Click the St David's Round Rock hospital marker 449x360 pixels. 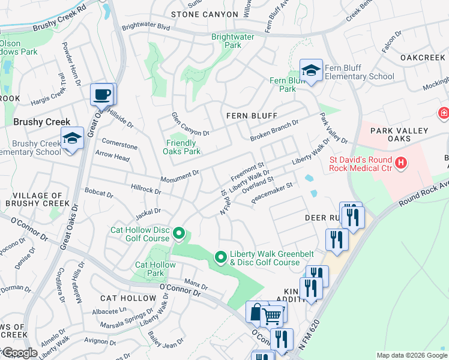[x=400, y=162]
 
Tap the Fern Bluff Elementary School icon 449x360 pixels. [x=311, y=71]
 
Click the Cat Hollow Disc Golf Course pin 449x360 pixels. [x=178, y=233]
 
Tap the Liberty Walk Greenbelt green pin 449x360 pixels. [x=221, y=257]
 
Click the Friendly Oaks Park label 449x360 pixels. [x=182, y=147]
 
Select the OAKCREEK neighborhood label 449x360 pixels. [x=423, y=58]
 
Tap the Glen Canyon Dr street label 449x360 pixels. [x=190, y=124]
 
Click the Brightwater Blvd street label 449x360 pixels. [x=146, y=27]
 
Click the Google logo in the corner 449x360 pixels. [x=19, y=353]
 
